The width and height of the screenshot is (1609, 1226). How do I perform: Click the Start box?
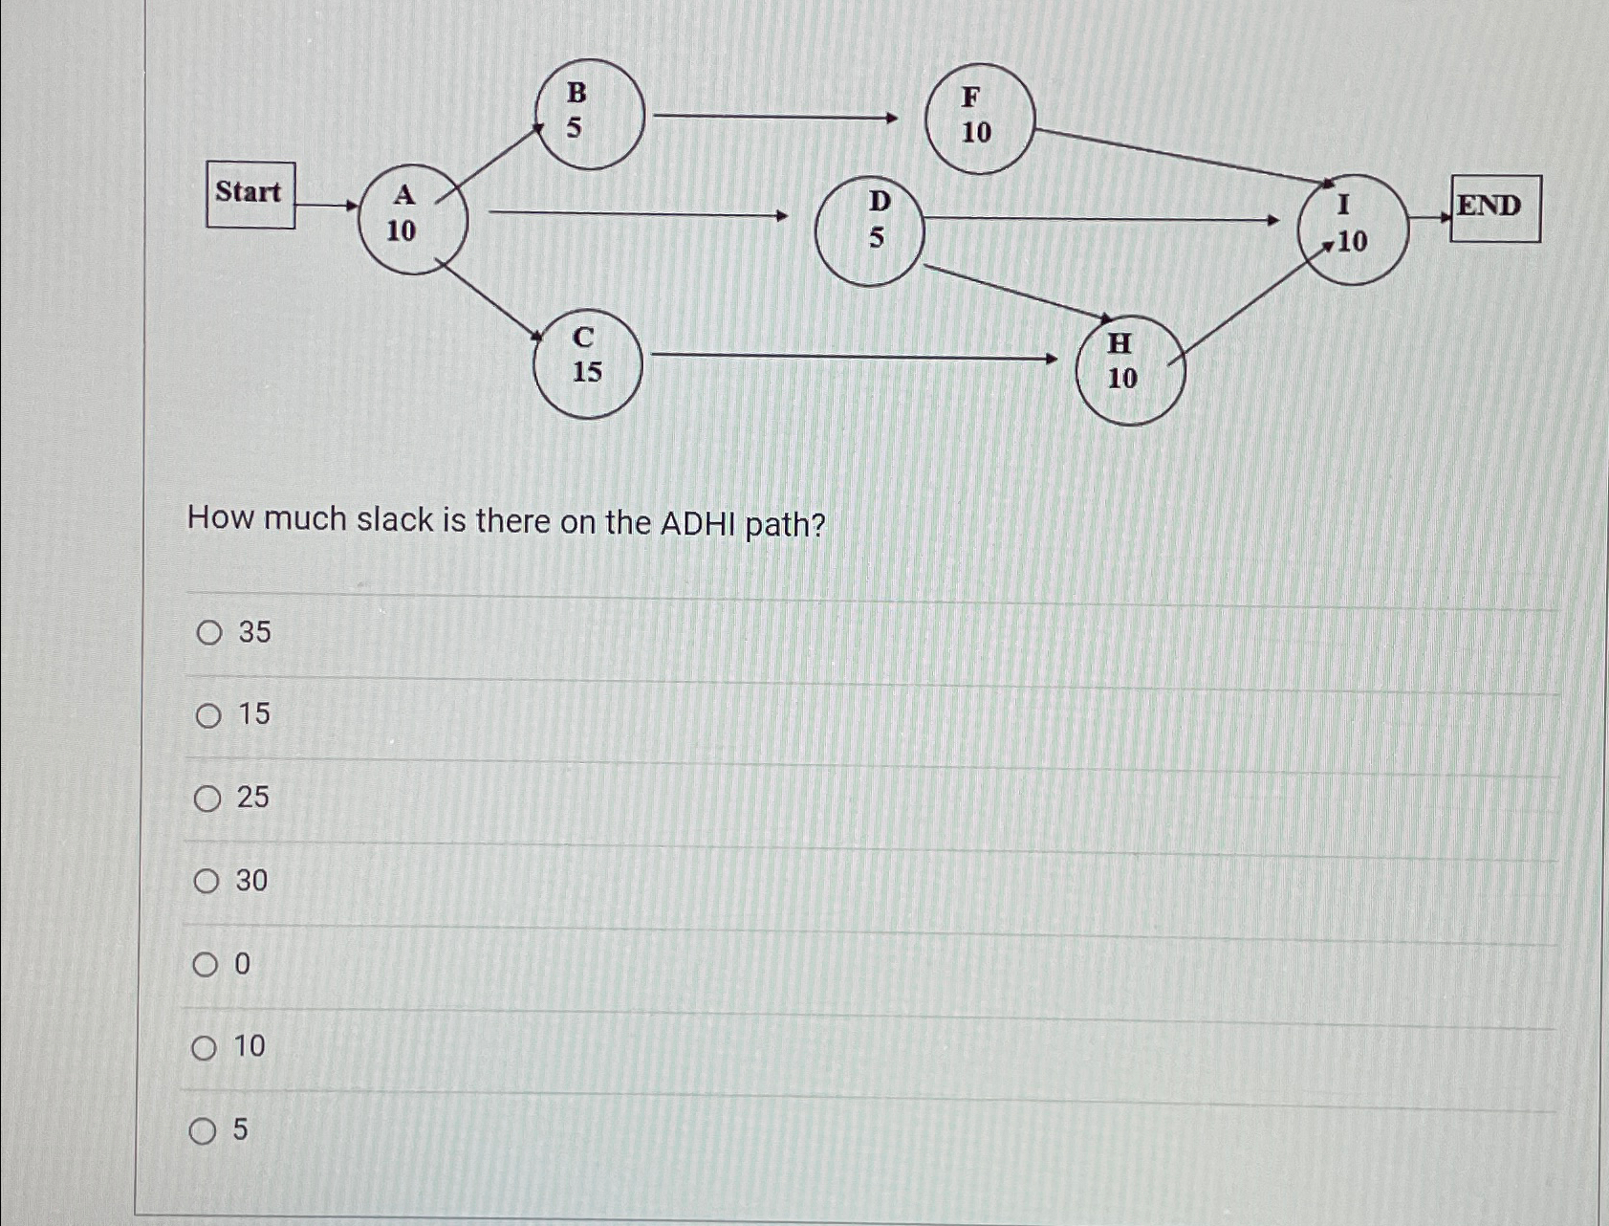(x=250, y=195)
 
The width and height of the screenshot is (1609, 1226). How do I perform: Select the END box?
(x=1494, y=208)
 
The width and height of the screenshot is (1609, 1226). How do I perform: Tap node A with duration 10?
(x=413, y=219)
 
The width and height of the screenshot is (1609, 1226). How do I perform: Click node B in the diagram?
(x=590, y=115)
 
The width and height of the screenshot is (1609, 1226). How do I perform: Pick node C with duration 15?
(x=587, y=363)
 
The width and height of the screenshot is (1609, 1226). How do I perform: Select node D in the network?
(x=869, y=230)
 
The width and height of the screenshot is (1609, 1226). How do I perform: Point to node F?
(x=980, y=119)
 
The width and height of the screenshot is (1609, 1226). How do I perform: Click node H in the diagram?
(x=1130, y=370)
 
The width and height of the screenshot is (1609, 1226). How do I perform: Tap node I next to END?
(x=1352, y=230)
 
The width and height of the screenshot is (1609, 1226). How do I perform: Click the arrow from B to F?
(x=774, y=118)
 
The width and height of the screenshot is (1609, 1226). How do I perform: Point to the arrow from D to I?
(x=1099, y=220)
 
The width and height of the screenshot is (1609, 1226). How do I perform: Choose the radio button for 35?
(x=209, y=633)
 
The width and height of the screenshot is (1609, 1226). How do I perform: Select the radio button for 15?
(x=208, y=715)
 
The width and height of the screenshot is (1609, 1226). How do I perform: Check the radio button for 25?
(x=207, y=799)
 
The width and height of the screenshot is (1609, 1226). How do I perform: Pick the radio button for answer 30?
(x=207, y=881)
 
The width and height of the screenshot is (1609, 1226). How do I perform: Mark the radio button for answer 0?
(x=206, y=965)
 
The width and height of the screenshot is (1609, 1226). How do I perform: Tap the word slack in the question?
(x=395, y=519)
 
